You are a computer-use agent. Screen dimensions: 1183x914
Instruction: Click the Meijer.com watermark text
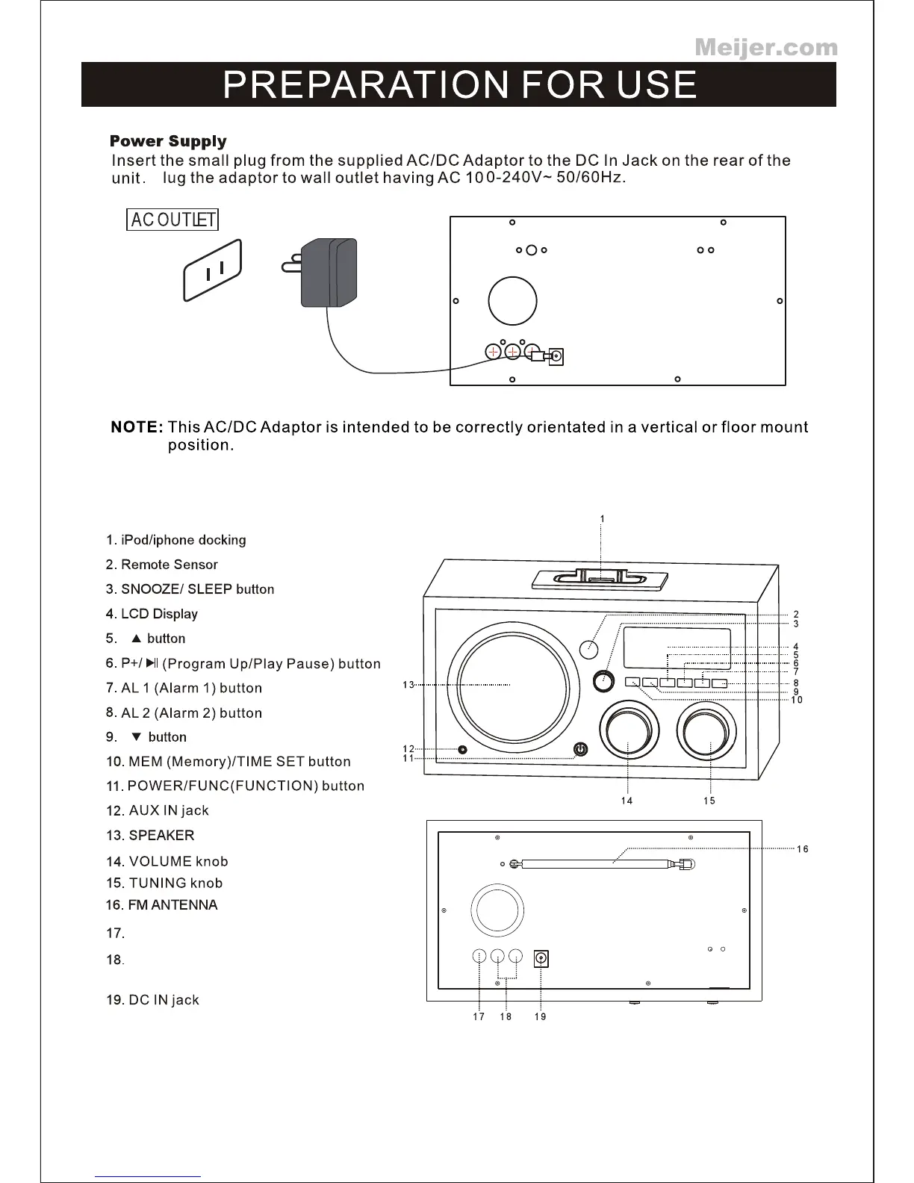(766, 48)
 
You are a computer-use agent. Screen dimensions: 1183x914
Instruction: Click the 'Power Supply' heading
(168, 141)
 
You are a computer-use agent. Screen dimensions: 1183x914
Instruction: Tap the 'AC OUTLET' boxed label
(172, 220)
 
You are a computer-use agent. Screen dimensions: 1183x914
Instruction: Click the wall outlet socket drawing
(214, 270)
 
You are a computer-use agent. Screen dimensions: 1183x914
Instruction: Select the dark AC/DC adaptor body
(329, 273)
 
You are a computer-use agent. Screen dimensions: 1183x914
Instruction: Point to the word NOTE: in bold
(137, 427)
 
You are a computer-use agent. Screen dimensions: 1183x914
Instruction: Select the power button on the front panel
(580, 749)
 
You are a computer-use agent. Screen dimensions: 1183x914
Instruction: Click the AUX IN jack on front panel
(463, 749)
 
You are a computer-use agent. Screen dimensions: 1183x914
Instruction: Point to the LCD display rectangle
(677, 648)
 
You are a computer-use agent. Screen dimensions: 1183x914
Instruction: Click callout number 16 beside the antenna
(802, 849)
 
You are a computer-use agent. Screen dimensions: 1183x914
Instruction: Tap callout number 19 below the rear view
(540, 1017)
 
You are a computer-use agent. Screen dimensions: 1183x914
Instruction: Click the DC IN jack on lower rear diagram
(541, 957)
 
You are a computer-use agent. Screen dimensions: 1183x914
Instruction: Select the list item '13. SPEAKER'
(150, 835)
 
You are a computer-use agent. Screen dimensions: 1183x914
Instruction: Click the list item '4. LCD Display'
(152, 614)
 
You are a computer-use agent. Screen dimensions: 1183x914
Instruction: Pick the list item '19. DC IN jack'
(152, 1000)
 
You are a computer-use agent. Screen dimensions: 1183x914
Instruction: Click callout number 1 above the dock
(603, 519)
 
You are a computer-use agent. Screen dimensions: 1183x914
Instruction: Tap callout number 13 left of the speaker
(408, 685)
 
